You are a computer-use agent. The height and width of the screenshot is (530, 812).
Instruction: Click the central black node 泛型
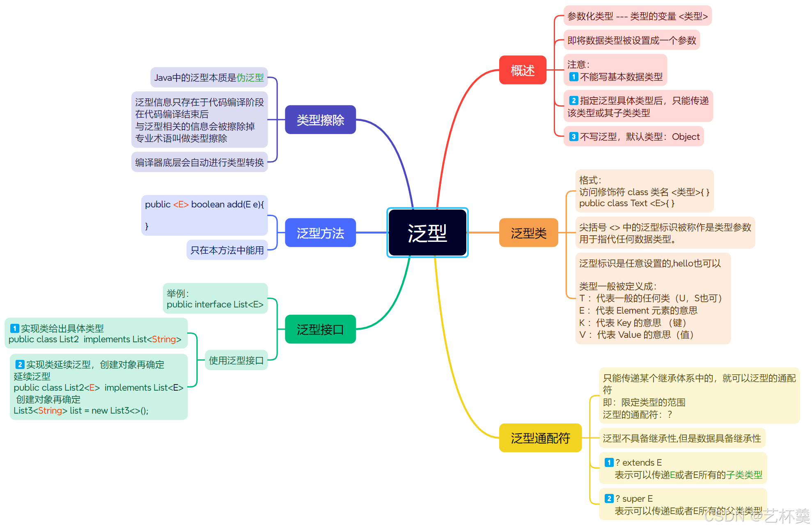click(427, 233)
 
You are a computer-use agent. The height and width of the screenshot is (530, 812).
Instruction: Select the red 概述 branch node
click(523, 70)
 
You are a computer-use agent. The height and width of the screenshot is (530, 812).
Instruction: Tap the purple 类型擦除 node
click(320, 120)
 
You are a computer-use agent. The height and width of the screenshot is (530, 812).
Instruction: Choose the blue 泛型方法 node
click(320, 233)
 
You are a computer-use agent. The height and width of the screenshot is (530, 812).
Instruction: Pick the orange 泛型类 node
click(528, 233)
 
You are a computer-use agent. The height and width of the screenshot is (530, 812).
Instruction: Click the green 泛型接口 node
click(320, 329)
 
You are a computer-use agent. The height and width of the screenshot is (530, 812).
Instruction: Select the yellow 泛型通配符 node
click(540, 438)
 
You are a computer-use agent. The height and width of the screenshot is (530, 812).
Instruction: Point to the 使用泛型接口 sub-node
click(236, 360)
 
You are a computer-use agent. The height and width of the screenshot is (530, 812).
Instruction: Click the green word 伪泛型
click(250, 77)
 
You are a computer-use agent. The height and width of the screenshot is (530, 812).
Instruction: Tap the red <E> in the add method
click(181, 205)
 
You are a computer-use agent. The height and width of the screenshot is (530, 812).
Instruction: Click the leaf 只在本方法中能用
click(227, 250)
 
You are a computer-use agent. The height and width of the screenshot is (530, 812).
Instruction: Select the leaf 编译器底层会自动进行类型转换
click(200, 162)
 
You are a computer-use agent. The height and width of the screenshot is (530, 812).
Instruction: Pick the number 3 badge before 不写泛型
click(573, 137)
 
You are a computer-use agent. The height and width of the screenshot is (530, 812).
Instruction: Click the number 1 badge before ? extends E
click(609, 463)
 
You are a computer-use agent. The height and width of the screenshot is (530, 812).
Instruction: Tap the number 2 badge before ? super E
click(609, 499)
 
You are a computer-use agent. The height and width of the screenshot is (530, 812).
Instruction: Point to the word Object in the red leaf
click(686, 137)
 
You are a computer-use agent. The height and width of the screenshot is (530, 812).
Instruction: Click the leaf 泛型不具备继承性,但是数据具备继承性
click(682, 438)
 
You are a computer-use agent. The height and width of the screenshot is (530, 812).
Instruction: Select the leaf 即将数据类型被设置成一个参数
click(631, 40)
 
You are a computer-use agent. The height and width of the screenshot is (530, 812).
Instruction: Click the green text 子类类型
click(744, 475)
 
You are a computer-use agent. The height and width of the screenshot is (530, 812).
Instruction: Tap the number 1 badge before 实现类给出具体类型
click(15, 328)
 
